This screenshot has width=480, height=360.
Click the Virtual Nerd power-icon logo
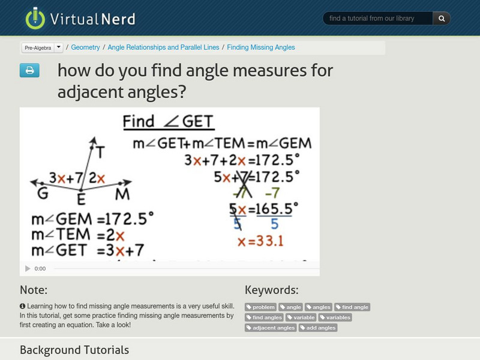click(35, 19)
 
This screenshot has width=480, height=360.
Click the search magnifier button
click(442, 19)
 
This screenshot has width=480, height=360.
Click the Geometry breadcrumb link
click(86, 47)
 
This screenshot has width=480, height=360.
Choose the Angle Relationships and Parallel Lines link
click(163, 47)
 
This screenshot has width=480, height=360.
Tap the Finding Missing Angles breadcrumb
click(261, 47)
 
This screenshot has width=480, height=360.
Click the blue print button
click(29, 71)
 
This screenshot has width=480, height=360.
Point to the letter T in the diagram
click(100, 153)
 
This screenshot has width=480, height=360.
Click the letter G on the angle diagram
click(43, 194)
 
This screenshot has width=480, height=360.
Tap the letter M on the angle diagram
click(122, 194)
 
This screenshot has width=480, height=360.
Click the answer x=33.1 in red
click(260, 241)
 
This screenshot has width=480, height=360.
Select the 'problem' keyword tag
click(261, 307)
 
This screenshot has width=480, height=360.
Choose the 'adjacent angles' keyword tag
click(271, 328)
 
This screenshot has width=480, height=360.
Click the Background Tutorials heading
click(74, 350)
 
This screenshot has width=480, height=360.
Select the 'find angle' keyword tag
click(352, 307)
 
